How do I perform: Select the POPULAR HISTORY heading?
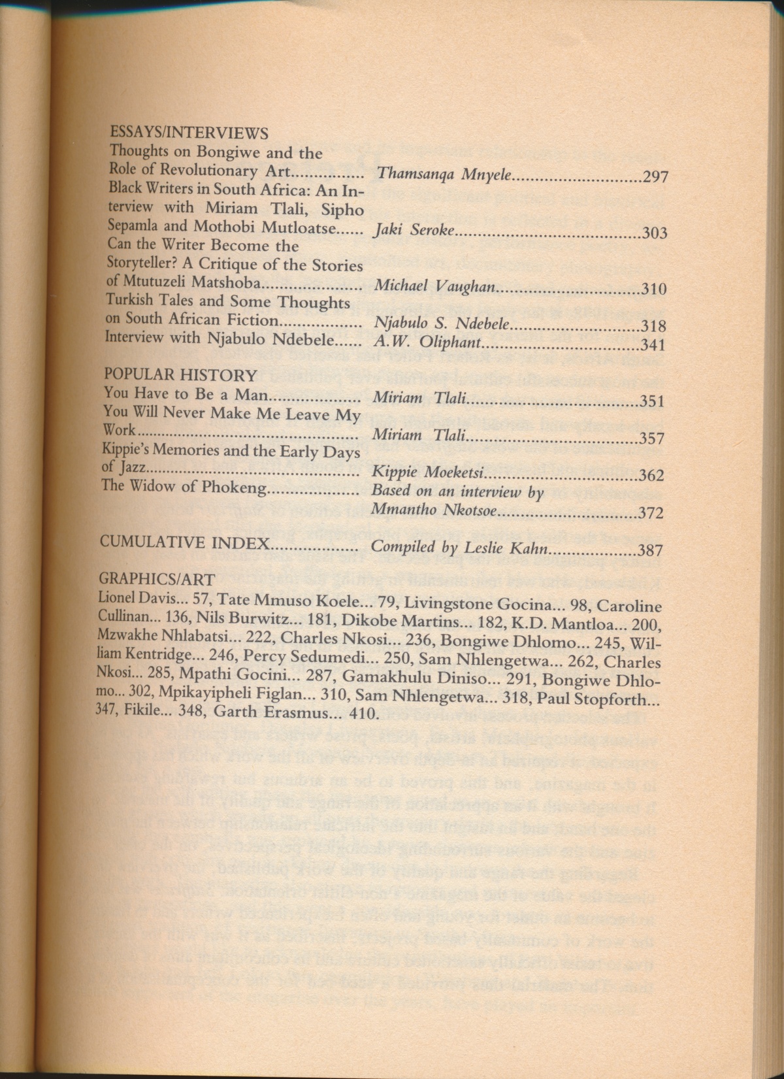(x=180, y=374)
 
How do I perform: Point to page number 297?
(x=655, y=176)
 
